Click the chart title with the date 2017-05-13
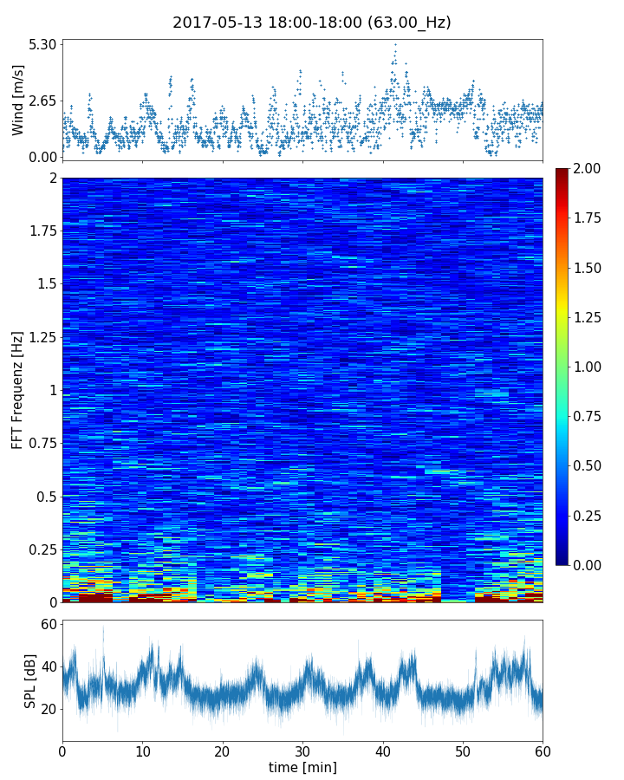coord(312,23)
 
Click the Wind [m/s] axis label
coord(18,101)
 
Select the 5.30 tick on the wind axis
coord(42,44)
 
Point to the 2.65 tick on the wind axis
coord(42,101)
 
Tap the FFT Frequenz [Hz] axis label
coord(18,389)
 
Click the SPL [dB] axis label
coord(30,680)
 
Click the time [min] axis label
coord(302,767)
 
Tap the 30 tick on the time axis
coord(302,750)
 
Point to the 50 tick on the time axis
coord(463,750)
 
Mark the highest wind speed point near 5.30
coord(395,44)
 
